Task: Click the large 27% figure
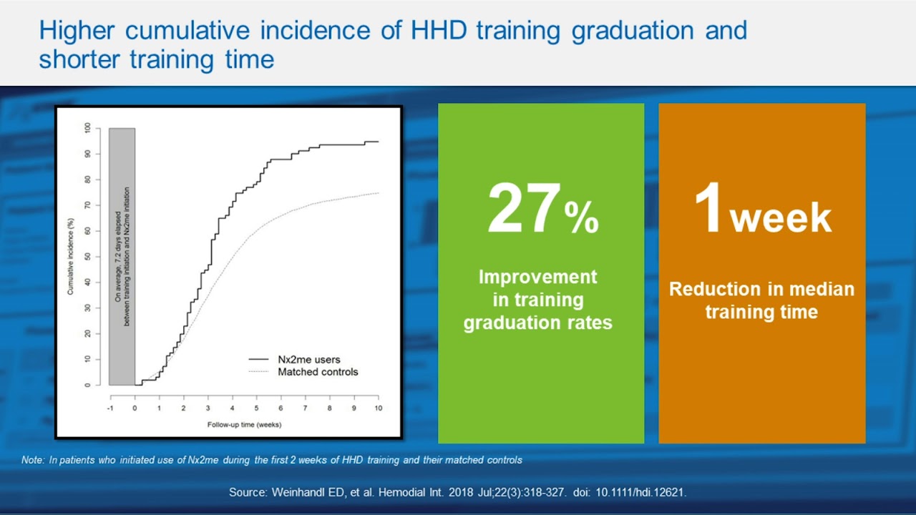(x=542, y=210)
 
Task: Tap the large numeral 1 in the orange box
(x=708, y=210)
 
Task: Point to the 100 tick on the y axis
(x=87, y=128)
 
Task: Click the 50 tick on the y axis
(x=87, y=257)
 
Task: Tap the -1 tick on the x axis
(x=110, y=408)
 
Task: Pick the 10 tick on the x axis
(x=378, y=408)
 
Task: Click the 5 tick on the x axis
(x=256, y=408)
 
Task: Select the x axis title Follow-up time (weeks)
(x=244, y=424)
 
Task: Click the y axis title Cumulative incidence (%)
(x=71, y=257)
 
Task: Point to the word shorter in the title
(x=80, y=59)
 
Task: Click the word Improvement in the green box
(x=537, y=277)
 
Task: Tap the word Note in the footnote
(x=32, y=460)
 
